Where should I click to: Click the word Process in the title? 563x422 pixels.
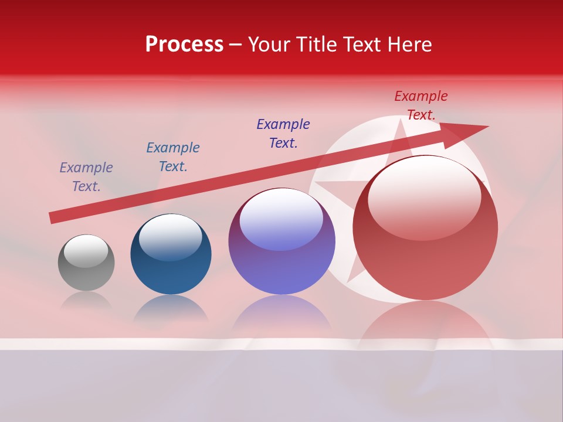[184, 45]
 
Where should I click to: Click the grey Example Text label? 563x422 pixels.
[86, 177]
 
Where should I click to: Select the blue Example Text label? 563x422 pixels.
[173, 157]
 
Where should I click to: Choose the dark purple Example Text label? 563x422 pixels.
[283, 134]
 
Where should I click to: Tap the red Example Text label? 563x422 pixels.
[421, 105]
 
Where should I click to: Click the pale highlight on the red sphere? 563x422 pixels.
[424, 196]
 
